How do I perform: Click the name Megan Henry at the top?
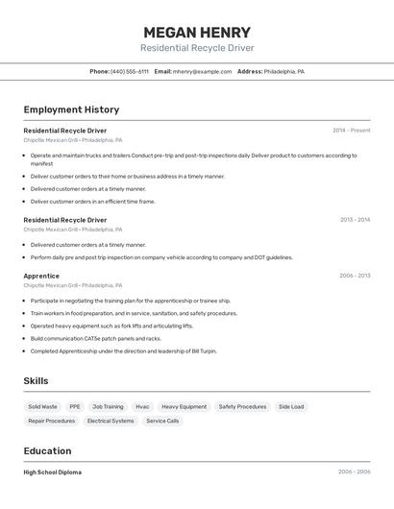[197, 32]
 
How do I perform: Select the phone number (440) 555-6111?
[130, 71]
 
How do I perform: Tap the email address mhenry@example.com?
[203, 71]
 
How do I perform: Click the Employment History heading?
[71, 109]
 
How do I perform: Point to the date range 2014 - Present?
[351, 131]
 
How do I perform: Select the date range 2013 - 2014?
[355, 220]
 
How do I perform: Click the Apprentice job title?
[41, 276]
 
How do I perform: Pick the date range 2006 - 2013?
[355, 276]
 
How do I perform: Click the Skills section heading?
[36, 380]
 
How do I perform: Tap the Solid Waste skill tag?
[42, 406]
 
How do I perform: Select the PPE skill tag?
[75, 406]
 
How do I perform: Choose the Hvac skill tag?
[142, 406]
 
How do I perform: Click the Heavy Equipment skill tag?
[184, 406]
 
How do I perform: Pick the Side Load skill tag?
[291, 406]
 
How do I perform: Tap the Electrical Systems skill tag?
[111, 421]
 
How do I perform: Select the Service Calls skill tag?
[162, 421]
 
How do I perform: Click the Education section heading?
[47, 450]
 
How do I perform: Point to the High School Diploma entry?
[53, 473]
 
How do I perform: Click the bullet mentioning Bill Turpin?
[123, 351]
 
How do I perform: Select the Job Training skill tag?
[108, 406]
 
